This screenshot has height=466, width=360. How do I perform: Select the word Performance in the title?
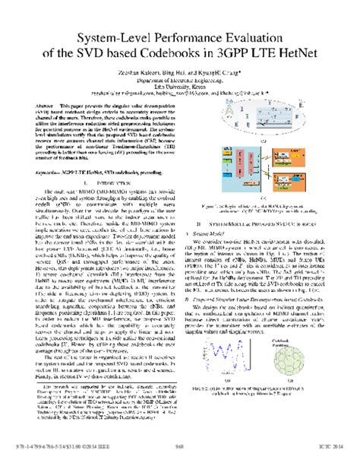[183, 36]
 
